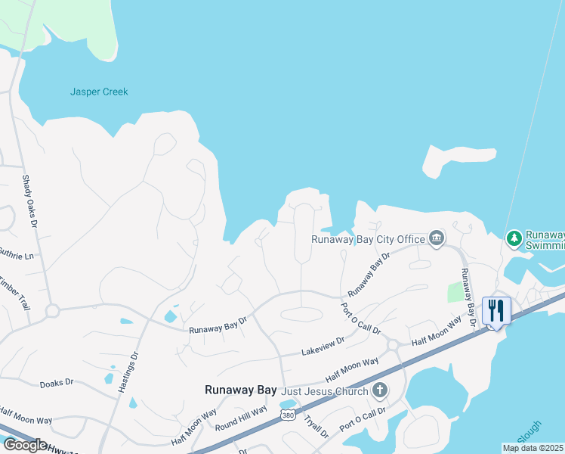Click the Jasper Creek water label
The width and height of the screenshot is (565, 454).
[99, 92]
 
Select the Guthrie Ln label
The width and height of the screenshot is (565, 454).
[17, 256]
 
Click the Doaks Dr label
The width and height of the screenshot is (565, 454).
[57, 383]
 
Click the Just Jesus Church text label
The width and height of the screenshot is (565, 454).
[325, 391]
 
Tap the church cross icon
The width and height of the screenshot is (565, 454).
[380, 391]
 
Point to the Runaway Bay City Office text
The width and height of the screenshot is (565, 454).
[369, 239]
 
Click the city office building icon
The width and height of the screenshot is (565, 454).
[437, 239]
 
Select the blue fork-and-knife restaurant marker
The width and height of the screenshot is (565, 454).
[496, 310]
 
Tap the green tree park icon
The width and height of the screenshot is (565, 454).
[514, 239]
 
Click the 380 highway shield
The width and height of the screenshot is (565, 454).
[287, 415]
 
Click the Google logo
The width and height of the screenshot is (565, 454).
[25, 445]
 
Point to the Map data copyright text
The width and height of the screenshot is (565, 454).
[533, 448]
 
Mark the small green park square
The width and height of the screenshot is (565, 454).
[455, 293]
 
